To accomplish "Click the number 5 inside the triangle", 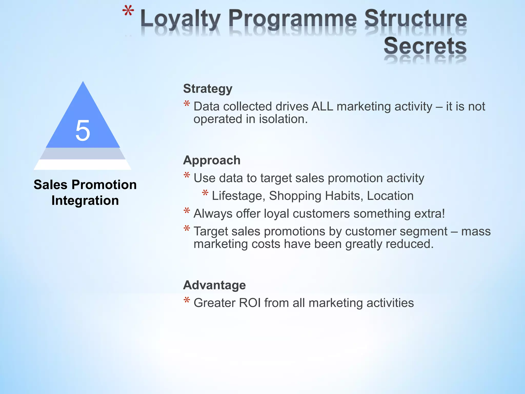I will point(83,131).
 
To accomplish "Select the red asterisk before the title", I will point(128,12).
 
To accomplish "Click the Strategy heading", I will point(208,89).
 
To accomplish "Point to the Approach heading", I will point(212,160).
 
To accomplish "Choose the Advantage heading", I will point(214,285).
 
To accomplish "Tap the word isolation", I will point(283,119).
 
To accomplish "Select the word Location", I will point(390,196).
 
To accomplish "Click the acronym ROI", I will point(250,303).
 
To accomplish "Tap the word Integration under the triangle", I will point(85,200).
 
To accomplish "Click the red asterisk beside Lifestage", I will point(205,193).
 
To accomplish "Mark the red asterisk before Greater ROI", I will point(187,300).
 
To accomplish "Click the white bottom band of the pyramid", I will point(83,165).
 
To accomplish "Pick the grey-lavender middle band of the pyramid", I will point(83,153).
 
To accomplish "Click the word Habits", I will point(344,196).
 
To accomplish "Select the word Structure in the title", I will point(415,18).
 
